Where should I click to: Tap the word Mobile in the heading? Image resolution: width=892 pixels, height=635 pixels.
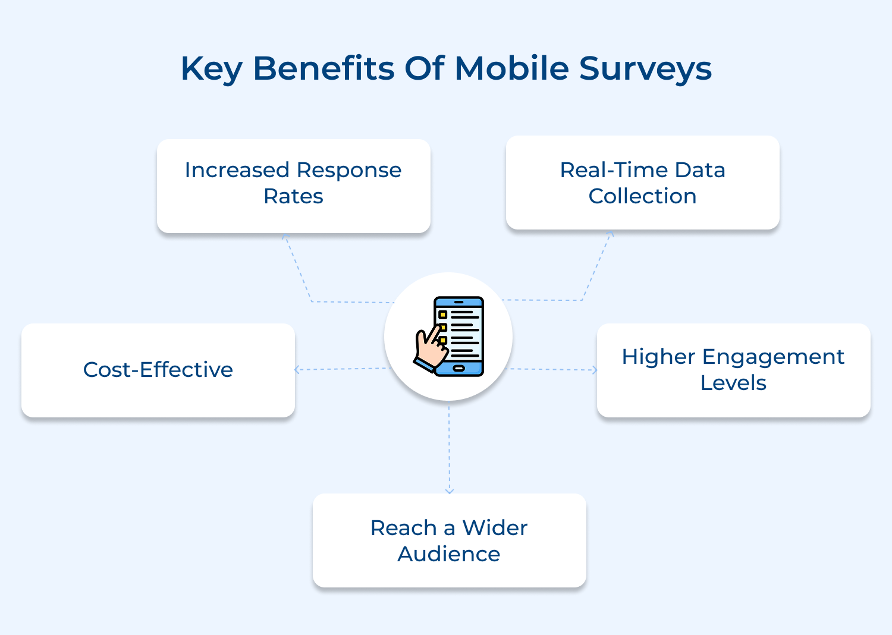click(x=511, y=68)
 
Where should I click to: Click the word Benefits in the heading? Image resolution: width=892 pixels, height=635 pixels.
click(x=324, y=68)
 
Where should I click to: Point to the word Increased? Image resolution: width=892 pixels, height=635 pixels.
click(x=237, y=170)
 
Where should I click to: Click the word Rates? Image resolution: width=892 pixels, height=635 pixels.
click(x=294, y=196)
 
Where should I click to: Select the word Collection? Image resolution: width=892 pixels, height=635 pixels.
click(x=642, y=196)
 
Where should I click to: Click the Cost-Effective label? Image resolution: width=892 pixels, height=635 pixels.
click(x=158, y=369)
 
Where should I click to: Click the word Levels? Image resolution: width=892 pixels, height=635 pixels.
click(x=733, y=382)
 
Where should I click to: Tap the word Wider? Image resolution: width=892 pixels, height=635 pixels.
click(x=495, y=528)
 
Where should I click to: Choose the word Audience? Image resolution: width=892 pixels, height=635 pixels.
click(x=449, y=554)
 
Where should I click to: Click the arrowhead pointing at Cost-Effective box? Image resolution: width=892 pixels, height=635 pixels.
click(x=297, y=370)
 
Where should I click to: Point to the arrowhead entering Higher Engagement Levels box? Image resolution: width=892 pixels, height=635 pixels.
click(x=595, y=370)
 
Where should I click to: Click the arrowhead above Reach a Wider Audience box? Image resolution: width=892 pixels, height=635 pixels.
click(x=450, y=491)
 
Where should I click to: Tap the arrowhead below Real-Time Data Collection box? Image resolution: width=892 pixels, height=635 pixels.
click(x=611, y=233)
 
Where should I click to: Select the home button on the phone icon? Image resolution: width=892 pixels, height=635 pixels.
click(x=458, y=369)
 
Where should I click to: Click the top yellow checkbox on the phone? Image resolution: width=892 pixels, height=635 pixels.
click(x=442, y=315)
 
